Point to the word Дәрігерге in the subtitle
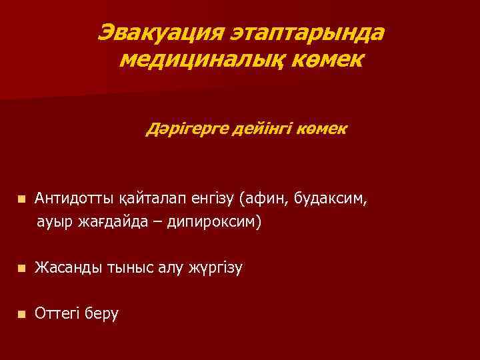188,128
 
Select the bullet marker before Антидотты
21,199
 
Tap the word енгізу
207,199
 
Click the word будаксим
333,199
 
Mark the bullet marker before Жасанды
21,269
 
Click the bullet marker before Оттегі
21,313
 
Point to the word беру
103,313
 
